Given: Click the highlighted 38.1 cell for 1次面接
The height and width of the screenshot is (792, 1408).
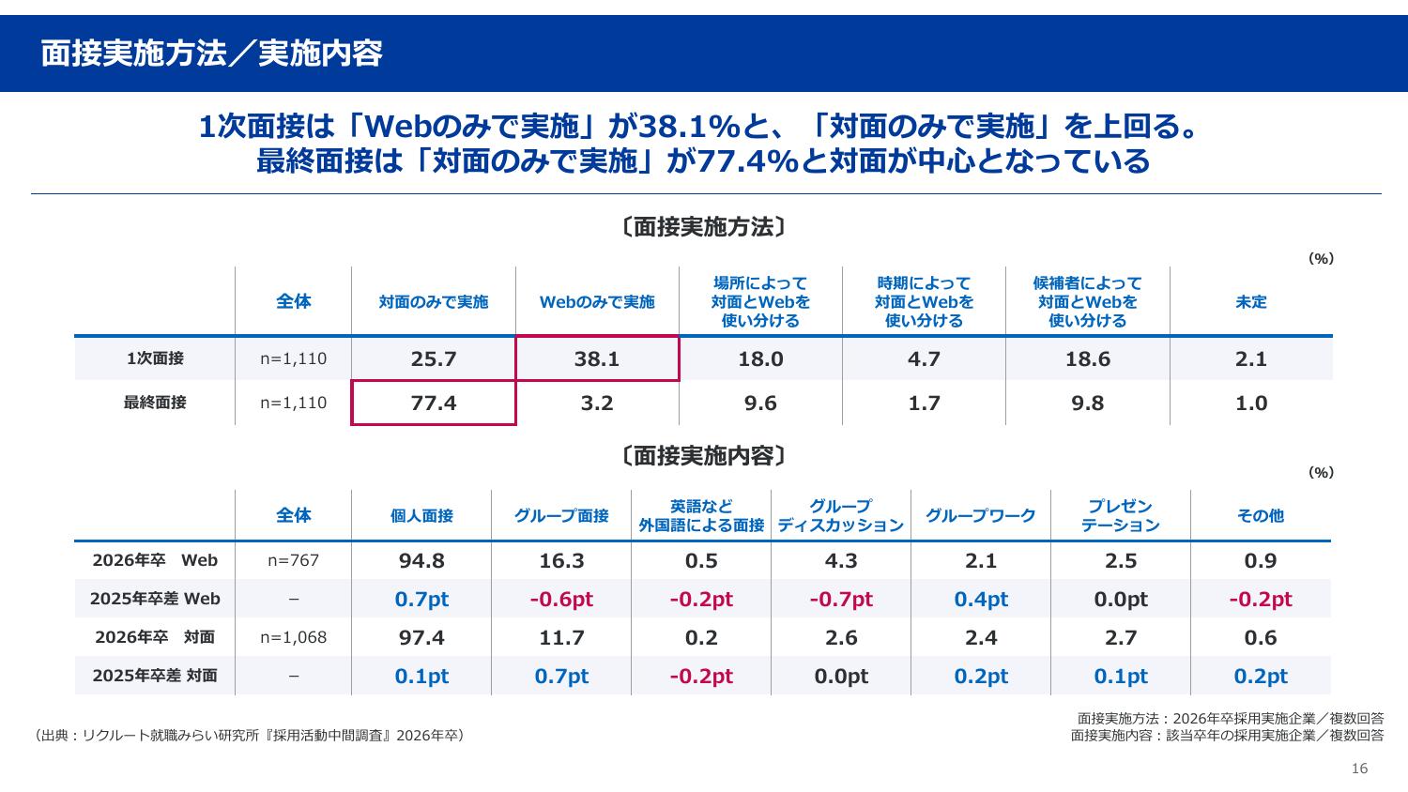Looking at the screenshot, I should coord(597,358).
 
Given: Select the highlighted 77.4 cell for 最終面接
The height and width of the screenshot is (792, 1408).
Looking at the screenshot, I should coord(434,403).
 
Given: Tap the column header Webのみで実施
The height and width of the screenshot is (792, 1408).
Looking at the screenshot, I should coord(597,302).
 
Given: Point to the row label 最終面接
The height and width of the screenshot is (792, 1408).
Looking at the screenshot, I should coord(155,403).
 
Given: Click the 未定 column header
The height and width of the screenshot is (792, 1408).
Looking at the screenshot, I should coord(1251,302).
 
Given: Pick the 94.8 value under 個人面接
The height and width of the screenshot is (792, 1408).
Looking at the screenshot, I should coord(421,560).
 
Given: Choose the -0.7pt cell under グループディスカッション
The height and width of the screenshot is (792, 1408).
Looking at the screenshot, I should coord(841,599).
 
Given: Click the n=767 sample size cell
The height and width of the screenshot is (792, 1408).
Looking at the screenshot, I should coord(294,560).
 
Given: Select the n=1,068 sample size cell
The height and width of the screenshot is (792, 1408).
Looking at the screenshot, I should coord(294,637).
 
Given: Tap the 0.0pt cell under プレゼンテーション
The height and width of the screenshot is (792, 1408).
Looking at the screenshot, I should coord(1121,599).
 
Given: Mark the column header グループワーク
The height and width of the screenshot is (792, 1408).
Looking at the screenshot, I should coord(981,515).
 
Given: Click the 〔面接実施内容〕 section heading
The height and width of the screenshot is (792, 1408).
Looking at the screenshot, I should coord(703,456).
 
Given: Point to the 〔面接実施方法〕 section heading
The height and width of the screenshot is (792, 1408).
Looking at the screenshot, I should coord(703,227).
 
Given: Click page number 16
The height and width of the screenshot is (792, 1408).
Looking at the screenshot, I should coord(1359,769).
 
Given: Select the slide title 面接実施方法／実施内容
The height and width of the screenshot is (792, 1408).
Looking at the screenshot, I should coord(211,53).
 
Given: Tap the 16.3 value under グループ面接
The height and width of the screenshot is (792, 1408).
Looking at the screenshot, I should coord(561,560).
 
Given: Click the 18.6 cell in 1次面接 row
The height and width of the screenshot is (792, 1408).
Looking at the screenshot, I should coord(1088,358).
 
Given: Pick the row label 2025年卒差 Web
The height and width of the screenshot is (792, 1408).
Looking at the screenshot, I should coord(155,599).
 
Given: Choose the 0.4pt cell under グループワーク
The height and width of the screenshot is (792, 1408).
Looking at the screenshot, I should coord(981,599).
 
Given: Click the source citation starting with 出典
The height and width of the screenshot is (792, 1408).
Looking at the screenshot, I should coord(248,736).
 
